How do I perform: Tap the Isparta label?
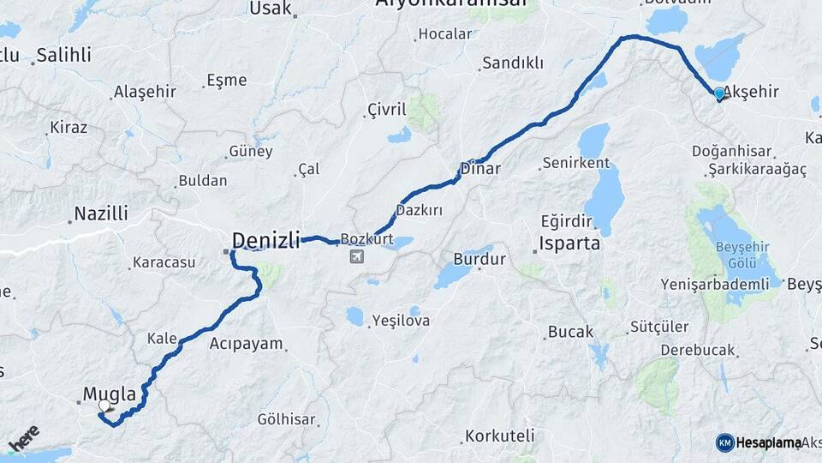coord(569,244)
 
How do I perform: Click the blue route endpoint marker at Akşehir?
coord(719,93)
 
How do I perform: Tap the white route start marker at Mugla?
coord(104,406)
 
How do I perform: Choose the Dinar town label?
coord(480,169)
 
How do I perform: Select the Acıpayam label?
coord(246,344)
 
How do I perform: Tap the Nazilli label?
coord(101,213)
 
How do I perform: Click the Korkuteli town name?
coord(500,436)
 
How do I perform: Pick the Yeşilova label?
coord(401,322)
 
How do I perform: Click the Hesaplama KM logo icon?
coord(725,442)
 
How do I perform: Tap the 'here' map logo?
coord(23,438)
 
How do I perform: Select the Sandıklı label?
coord(513,63)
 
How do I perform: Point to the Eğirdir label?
coord(567,219)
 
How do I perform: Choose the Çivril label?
coord(386,109)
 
